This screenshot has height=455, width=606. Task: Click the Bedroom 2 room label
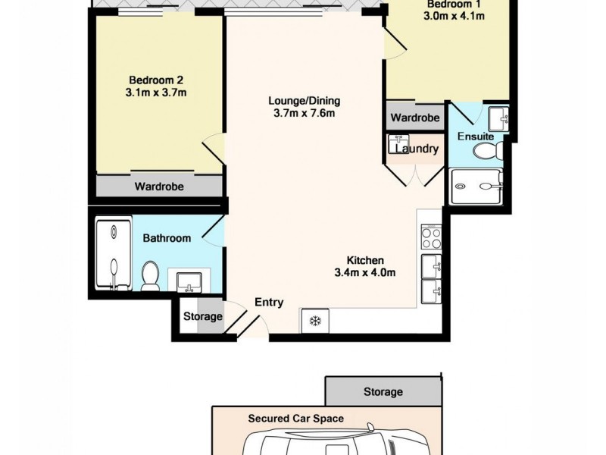tap(156, 80)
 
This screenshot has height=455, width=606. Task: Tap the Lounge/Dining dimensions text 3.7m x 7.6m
tap(304, 114)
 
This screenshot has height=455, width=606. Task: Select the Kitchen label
tap(366, 260)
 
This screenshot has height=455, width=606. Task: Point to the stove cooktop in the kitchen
tap(431, 237)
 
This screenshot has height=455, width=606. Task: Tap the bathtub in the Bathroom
tap(113, 254)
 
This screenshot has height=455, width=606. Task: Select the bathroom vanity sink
tap(186, 281)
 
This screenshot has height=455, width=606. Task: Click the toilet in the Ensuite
tap(487, 152)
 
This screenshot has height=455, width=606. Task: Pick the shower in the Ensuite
tap(477, 187)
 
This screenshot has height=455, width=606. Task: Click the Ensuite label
tap(475, 136)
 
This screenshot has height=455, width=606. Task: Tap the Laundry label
tap(417, 149)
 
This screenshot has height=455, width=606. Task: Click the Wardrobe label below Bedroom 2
tap(159, 186)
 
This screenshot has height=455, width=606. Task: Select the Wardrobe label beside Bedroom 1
tap(415, 118)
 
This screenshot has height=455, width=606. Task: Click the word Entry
tap(269, 302)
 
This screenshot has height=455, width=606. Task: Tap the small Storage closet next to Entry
tap(202, 316)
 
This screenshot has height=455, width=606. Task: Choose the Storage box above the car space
tap(383, 392)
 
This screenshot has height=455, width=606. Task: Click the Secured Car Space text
tap(295, 419)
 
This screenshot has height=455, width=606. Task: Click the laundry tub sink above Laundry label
tap(398, 141)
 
